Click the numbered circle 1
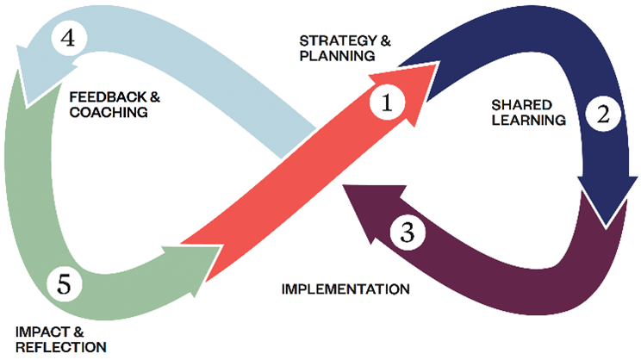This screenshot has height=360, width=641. point(387,103)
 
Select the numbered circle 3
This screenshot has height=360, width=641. point(408,231)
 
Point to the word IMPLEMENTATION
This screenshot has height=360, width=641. point(345,288)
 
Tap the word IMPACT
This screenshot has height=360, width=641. point(41,330)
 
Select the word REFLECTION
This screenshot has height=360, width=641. point(61,346)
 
